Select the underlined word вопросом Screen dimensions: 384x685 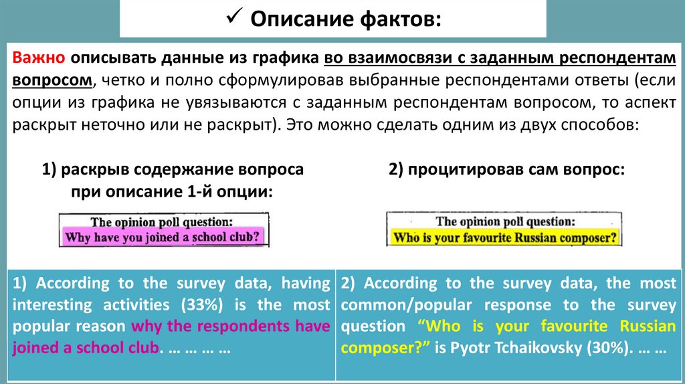52,80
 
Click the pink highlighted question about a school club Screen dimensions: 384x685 161,236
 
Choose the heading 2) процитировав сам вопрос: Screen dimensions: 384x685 506,170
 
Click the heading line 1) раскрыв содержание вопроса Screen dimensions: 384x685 173,170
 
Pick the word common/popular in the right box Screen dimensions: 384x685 398,305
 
